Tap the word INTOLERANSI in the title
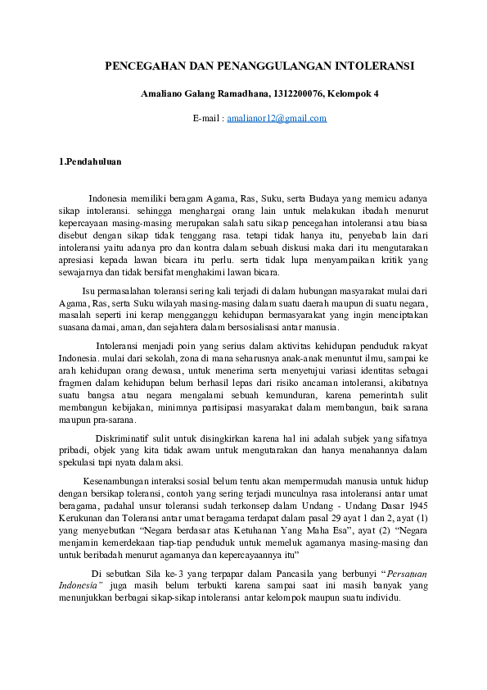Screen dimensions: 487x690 coord(368,65)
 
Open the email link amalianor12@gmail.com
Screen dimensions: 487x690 coord(277,119)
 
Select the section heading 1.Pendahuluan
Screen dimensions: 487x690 coord(91,162)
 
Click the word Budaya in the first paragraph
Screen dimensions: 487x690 coord(340,198)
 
